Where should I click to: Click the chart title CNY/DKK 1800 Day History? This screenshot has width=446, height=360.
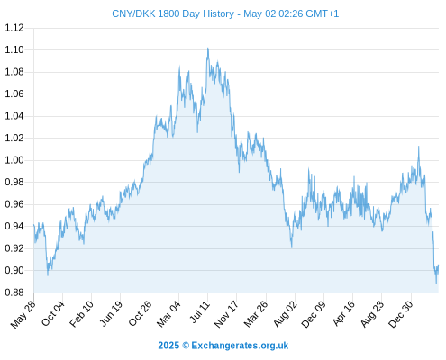pyautogui.click(x=173, y=13)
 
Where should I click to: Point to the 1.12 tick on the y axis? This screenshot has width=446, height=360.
pyautogui.click(x=14, y=28)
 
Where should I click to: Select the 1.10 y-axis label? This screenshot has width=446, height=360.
pyautogui.click(x=14, y=49)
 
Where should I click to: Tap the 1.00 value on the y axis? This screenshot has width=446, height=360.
pyautogui.click(x=14, y=160)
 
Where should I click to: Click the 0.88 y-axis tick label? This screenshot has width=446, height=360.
pyautogui.click(x=14, y=292)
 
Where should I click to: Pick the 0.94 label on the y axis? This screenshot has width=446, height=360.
pyautogui.click(x=14, y=226)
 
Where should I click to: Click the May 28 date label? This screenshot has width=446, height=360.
pyautogui.click(x=23, y=314)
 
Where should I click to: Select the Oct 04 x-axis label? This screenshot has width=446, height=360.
pyautogui.click(x=53, y=313)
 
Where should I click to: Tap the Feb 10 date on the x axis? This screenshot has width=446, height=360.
pyautogui.click(x=81, y=314)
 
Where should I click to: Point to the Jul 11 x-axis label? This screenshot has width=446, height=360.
pyautogui.click(x=200, y=312)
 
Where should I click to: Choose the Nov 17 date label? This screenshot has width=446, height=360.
pyautogui.click(x=226, y=314)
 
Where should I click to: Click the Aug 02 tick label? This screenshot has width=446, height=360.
pyautogui.click(x=286, y=314)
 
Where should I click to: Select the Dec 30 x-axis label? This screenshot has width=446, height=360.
pyautogui.click(x=401, y=314)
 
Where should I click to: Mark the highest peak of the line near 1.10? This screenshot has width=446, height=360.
pyautogui.click(x=207, y=48)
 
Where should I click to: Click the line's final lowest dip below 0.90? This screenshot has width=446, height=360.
pyautogui.click(x=436, y=283)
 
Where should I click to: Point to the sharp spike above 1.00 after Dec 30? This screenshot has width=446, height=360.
pyautogui.click(x=419, y=147)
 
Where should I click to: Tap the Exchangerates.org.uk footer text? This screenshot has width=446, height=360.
pyautogui.click(x=240, y=346)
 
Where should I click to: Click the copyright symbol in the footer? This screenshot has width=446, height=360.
pyautogui.click(x=186, y=346)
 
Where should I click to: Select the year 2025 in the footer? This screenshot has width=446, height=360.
pyautogui.click(x=168, y=346)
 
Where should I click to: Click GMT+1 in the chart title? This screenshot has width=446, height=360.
pyautogui.click(x=322, y=13)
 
